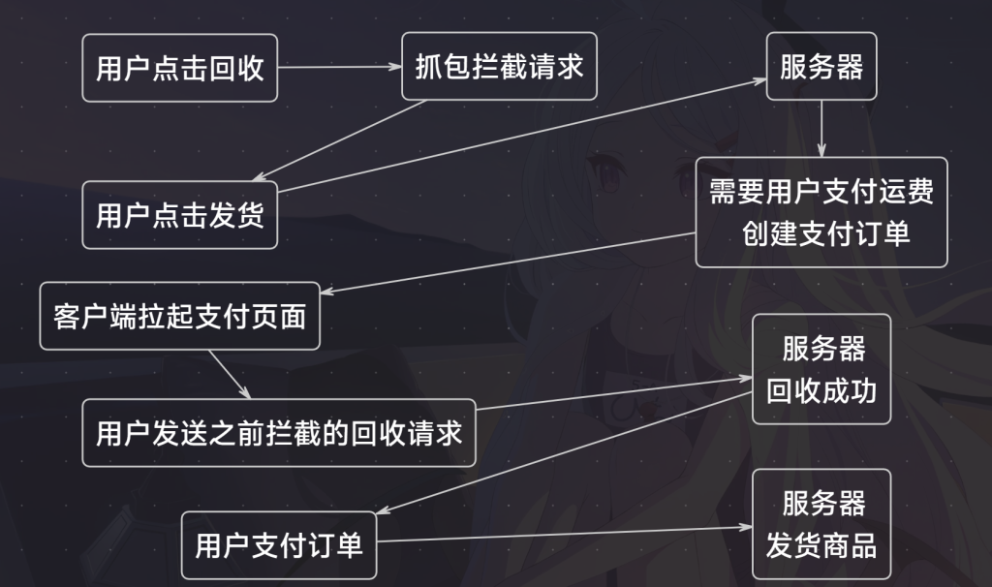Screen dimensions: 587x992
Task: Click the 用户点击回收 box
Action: tap(180, 68)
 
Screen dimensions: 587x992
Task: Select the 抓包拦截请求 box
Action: tap(499, 66)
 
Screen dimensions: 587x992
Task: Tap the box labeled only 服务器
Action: tap(821, 66)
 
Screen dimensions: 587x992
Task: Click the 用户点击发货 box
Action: tap(180, 215)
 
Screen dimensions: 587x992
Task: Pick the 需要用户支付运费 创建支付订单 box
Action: tap(821, 212)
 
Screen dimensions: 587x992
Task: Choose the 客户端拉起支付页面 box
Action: tap(180, 316)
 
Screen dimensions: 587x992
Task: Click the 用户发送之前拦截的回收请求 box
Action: tap(279, 432)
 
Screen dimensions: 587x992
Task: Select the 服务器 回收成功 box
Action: tap(821, 369)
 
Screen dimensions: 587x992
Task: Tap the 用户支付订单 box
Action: tap(279, 544)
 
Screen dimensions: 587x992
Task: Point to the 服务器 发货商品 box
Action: tap(821, 524)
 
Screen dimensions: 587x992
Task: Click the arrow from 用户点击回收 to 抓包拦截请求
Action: tap(339, 67)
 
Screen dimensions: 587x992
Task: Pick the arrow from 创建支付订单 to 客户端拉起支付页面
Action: tap(513, 262)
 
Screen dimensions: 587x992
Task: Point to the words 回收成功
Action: tap(821, 390)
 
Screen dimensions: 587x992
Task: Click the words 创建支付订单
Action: tap(826, 233)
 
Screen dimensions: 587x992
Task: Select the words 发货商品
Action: tap(821, 545)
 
